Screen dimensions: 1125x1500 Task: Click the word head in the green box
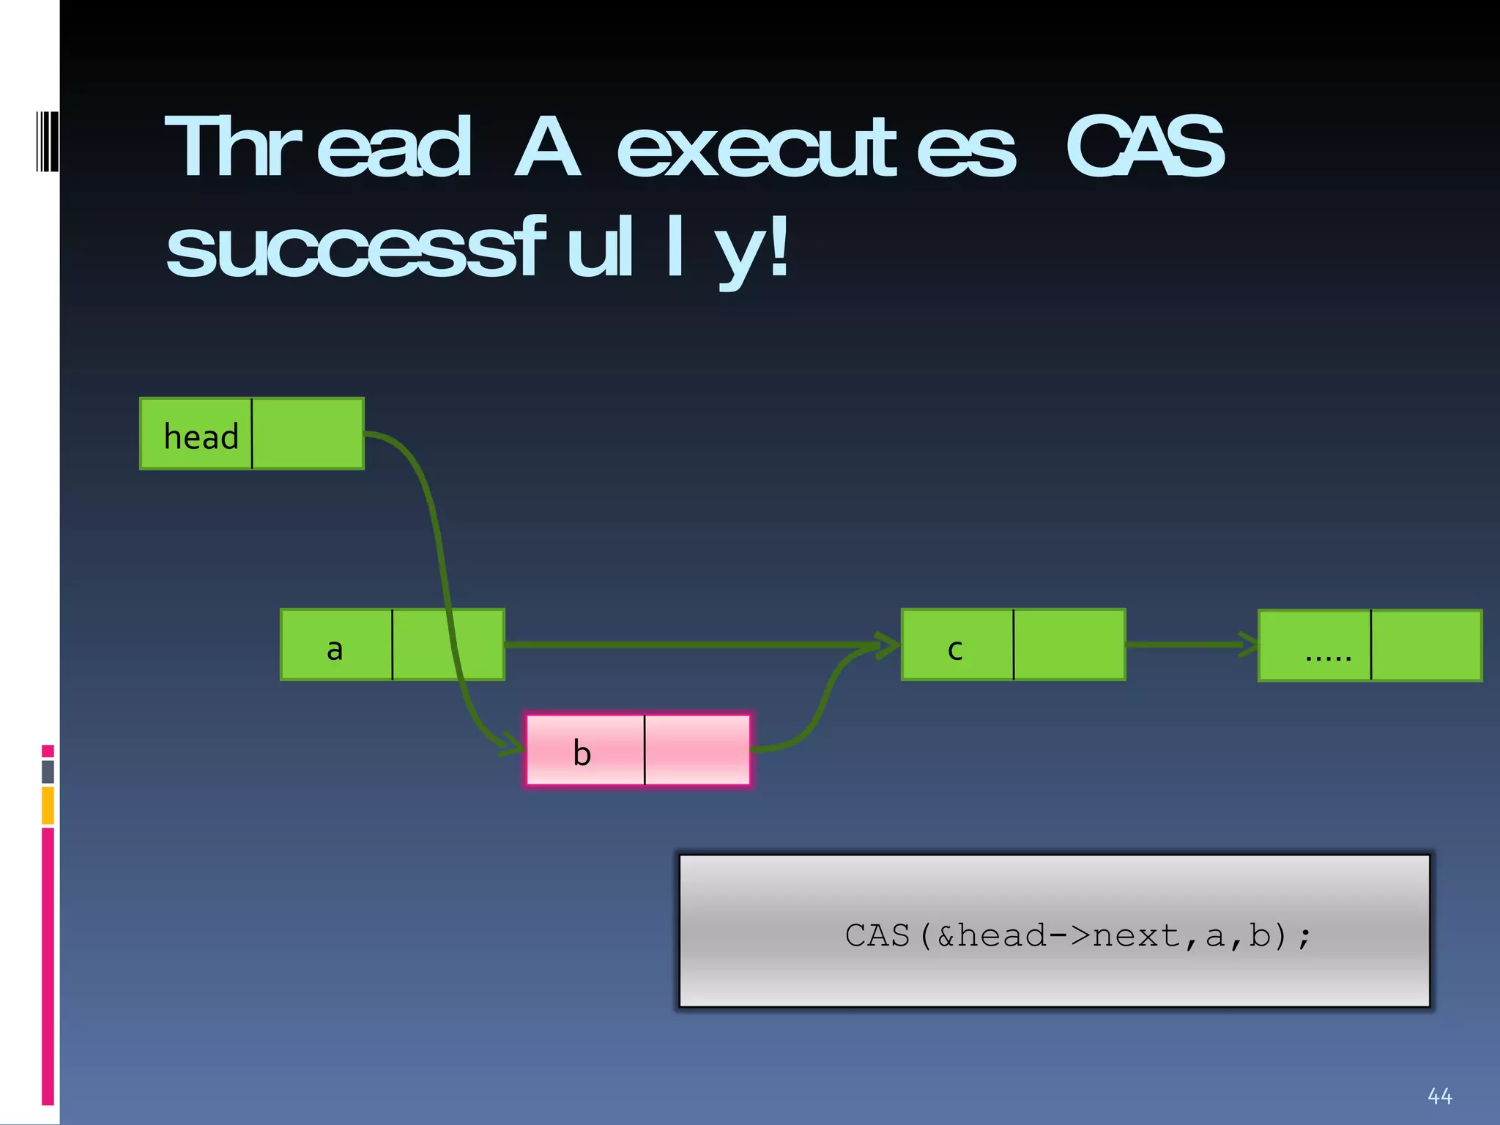pyautogui.click(x=201, y=437)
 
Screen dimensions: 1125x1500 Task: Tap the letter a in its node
pyautogui.click(x=335, y=649)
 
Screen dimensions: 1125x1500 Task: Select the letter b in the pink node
pyautogui.click(x=582, y=753)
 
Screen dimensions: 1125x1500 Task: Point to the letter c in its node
pyautogui.click(x=955, y=649)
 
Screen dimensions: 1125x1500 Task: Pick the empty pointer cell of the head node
pyautogui.click(x=308, y=434)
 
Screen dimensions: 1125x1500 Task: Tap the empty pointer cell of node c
pyautogui.click(x=1069, y=645)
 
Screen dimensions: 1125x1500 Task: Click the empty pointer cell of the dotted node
pyautogui.click(x=1426, y=645)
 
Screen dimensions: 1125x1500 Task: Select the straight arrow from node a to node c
pyautogui.click(x=688, y=645)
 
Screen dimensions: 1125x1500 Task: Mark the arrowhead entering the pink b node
pyautogui.click(x=513, y=747)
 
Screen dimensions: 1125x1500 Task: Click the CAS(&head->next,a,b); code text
pyautogui.click(x=1077, y=935)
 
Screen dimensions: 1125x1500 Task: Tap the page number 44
pyautogui.click(x=1440, y=1096)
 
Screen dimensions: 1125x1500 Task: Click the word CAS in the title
pyautogui.click(x=1145, y=147)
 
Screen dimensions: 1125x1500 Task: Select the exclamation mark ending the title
pyautogui.click(x=779, y=247)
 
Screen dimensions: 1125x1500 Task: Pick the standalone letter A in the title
pyautogui.click(x=548, y=147)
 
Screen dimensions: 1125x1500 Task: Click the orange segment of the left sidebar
pyautogui.click(x=48, y=805)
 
